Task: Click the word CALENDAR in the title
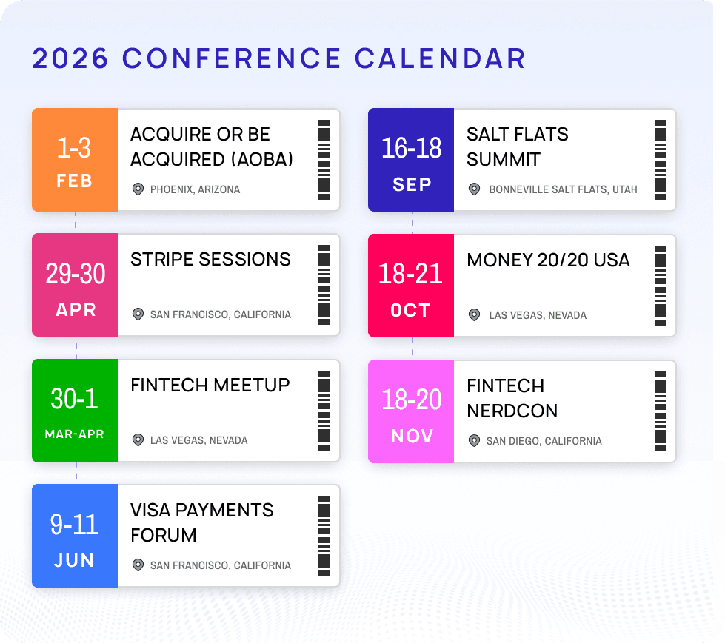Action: coord(440,58)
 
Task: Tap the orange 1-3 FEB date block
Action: coord(75,160)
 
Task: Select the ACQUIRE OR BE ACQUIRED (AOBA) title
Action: coord(212,147)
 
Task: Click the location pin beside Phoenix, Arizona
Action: coord(138,189)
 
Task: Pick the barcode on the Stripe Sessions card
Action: coord(324,285)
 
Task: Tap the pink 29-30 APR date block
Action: coord(75,285)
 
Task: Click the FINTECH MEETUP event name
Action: coord(210,385)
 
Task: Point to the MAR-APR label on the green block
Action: coord(75,434)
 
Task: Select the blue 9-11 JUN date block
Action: coord(75,536)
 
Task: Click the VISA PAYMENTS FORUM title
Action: coord(201,522)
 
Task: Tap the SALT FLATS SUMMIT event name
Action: coord(517,147)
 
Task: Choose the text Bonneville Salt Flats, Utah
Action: coord(563,189)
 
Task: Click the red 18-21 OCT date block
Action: coord(411,286)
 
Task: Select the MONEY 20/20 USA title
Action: coord(548,260)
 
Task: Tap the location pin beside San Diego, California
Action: coord(474,441)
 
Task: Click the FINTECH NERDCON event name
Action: coord(512,398)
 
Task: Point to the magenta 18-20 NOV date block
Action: coord(411,411)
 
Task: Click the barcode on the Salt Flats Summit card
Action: coord(660,160)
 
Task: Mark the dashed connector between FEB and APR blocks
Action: coord(76,222)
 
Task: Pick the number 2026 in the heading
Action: coord(71,58)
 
